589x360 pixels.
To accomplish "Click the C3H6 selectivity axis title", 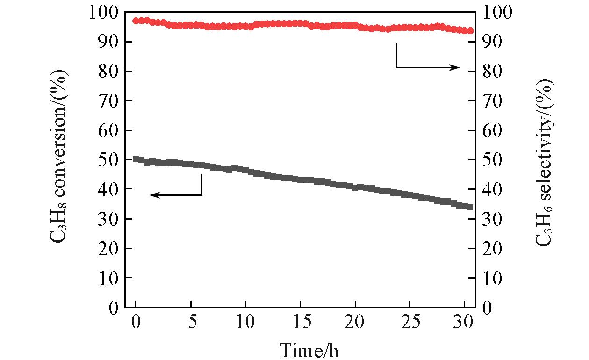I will click(x=545, y=159).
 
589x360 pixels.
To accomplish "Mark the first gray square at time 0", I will click(x=136, y=159).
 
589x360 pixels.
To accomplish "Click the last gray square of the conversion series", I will click(x=470, y=207).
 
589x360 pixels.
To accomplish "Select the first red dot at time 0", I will click(x=136, y=21).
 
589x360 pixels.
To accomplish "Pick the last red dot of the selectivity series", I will click(x=470, y=31).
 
